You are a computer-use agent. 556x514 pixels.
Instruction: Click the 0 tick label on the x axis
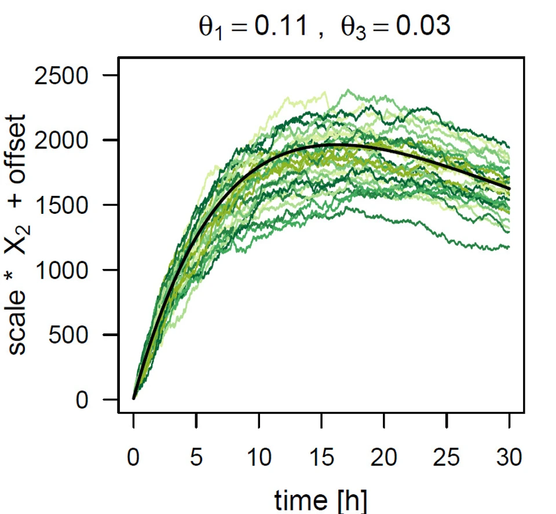(x=134, y=459)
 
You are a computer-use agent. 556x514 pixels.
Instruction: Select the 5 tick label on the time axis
(x=196, y=459)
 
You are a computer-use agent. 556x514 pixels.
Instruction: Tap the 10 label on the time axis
(x=259, y=459)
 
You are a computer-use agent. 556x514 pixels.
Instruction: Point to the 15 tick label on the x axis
(x=321, y=459)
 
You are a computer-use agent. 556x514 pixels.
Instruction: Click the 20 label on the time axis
(x=384, y=459)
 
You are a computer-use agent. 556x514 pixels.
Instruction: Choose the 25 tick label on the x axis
(x=447, y=459)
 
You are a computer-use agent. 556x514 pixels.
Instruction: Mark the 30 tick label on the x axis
(x=509, y=459)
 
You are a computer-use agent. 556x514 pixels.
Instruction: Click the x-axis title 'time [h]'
(x=321, y=499)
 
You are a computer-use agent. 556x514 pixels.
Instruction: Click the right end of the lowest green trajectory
(x=509, y=247)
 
